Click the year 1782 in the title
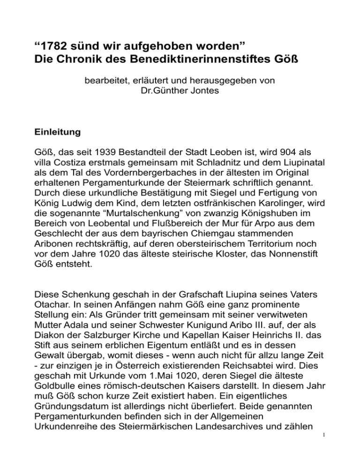[54, 47]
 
